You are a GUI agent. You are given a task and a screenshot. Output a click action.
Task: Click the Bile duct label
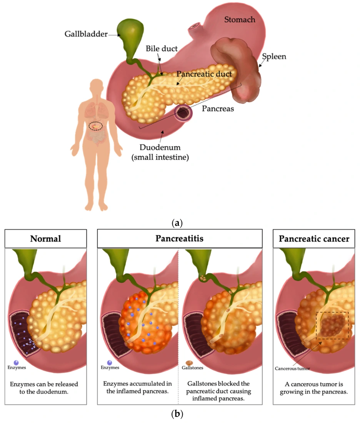162,49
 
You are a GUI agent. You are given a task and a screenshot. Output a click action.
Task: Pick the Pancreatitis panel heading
179,239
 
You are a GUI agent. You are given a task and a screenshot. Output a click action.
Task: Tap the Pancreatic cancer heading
314,239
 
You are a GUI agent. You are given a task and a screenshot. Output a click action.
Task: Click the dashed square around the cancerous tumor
332,325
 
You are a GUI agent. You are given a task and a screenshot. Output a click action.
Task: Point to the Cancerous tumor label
292,368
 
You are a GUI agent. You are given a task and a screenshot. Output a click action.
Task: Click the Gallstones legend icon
189,362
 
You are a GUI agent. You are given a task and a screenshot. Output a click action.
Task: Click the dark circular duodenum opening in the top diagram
183,113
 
